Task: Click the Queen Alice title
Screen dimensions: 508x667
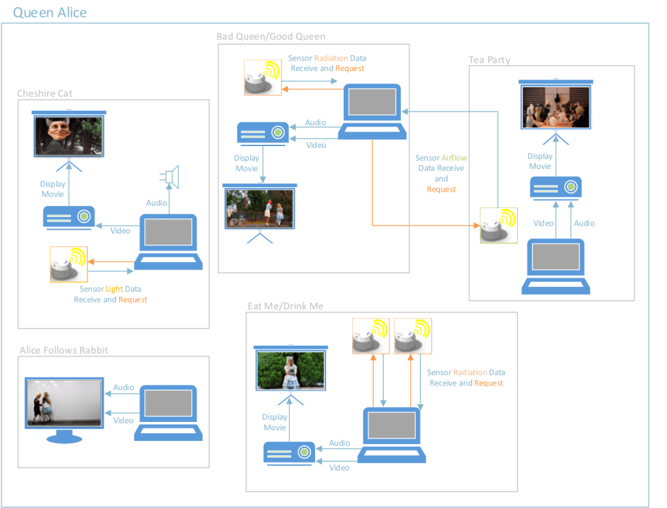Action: (x=50, y=13)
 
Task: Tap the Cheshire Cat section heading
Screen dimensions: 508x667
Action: (x=44, y=94)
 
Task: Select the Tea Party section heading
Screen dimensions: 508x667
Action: (x=489, y=60)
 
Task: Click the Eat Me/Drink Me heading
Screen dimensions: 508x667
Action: (x=285, y=306)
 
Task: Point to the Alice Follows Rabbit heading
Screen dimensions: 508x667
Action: (x=64, y=350)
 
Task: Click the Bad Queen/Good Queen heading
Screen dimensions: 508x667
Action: (x=271, y=37)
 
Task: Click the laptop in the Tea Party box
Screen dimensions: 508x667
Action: (x=556, y=267)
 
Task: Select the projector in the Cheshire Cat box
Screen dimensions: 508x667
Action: (x=69, y=217)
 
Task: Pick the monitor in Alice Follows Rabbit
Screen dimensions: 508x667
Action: (x=65, y=408)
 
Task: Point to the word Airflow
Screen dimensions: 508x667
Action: (x=454, y=158)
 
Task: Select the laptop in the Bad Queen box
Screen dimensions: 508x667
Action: (x=372, y=112)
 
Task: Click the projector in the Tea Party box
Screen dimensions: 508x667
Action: (x=556, y=187)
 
